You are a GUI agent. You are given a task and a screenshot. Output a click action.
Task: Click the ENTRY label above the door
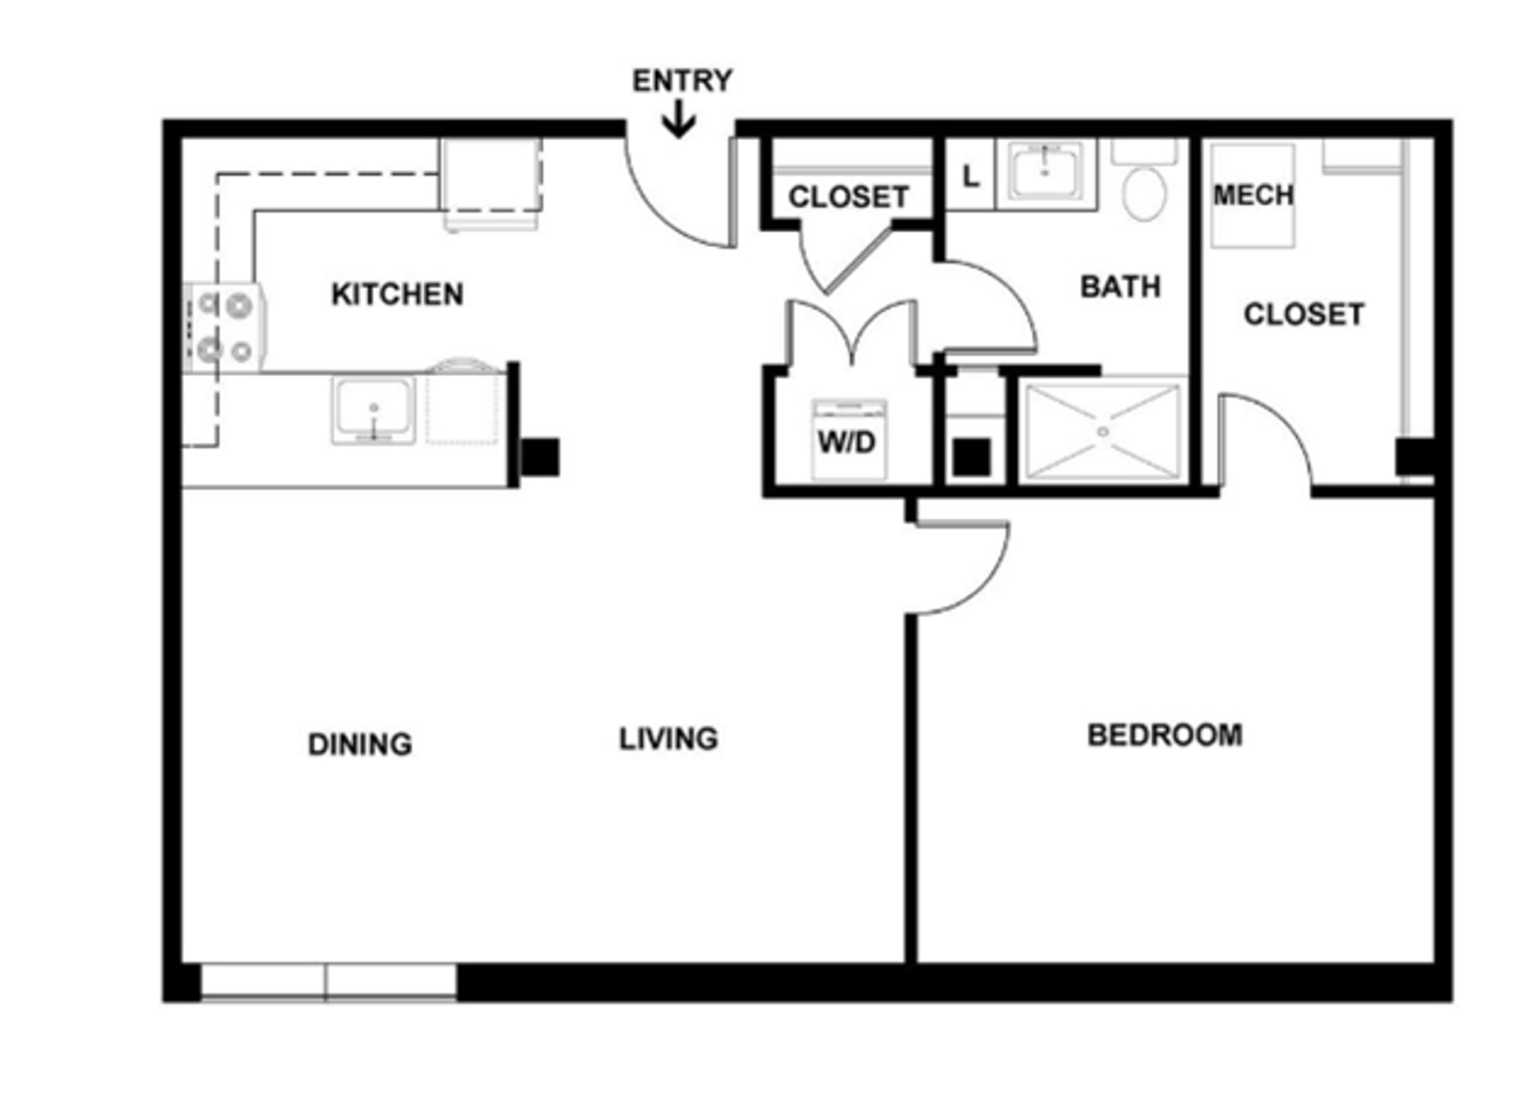point(682,81)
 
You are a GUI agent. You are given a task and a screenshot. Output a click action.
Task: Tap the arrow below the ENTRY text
point(679,119)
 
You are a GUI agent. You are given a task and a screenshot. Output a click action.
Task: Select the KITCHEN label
point(397,294)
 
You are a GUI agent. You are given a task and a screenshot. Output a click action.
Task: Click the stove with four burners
point(225,327)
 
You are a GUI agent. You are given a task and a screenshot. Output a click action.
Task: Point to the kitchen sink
point(373,410)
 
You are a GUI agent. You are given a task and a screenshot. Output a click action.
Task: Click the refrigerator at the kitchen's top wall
point(491,184)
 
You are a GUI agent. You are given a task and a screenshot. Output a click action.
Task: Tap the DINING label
point(360,744)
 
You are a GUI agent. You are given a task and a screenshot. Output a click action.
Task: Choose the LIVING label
point(669,739)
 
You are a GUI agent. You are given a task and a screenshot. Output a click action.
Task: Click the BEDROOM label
point(1165,735)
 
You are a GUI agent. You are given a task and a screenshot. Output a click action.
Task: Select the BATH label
point(1120,286)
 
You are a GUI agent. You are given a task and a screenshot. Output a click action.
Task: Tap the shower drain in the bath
point(1103,431)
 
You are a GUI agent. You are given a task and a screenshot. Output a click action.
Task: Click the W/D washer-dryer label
point(847,442)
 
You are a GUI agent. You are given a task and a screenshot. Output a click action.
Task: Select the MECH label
point(1253,195)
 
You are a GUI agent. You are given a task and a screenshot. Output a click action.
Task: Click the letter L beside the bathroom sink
point(971,176)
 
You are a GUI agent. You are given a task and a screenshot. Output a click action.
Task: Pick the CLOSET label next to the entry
point(848,197)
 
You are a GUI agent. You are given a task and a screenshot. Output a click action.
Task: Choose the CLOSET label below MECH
point(1304,314)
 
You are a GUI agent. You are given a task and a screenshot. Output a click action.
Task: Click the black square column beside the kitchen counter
point(541,457)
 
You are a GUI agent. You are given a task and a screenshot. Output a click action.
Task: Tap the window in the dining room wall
point(328,982)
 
